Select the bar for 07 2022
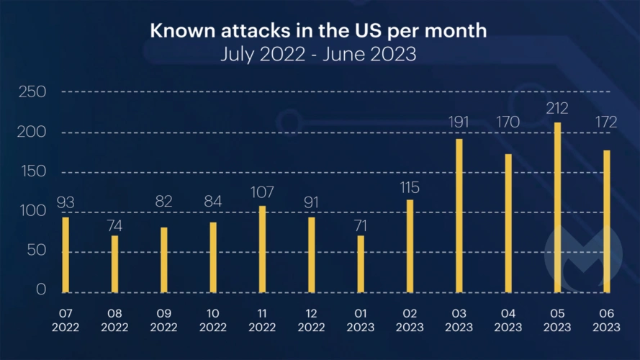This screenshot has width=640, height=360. pos(66,254)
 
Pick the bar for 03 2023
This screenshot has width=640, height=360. pos(459,215)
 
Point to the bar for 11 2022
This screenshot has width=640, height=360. pos(262,249)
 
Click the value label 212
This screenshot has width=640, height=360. pos(558,109)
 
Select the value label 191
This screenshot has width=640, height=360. pos(459,122)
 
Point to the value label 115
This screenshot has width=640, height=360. pos(410,187)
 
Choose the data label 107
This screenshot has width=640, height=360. pos(262,193)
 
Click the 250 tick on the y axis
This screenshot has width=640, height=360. pos(32,92)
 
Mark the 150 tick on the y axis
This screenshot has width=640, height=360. pos(32,172)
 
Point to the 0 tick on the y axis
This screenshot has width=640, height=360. pos(40,291)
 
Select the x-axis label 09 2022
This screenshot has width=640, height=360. pos(163,320)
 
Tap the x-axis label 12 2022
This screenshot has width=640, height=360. pos(311,320)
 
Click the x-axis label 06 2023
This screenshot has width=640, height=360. pos(607,320)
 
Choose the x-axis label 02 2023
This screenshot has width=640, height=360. pos(410,320)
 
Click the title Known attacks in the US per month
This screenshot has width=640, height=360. pos(318,32)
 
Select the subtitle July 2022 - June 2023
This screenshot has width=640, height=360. pos(318,55)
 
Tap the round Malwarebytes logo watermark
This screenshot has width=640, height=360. pos(583,252)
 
